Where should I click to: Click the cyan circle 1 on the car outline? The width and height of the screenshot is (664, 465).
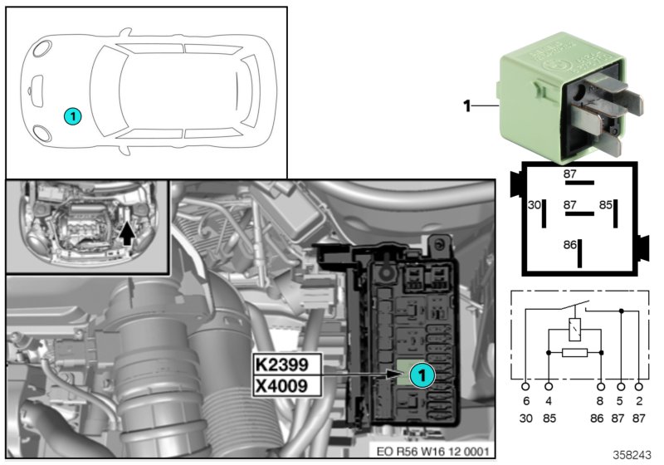pos(72,117)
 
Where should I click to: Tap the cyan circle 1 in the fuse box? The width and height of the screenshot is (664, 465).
pos(422,375)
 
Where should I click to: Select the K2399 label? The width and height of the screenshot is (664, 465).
pos(282,365)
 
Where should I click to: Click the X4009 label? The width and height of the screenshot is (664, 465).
pos(282,385)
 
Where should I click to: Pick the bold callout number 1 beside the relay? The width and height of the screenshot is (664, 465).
pos(466,105)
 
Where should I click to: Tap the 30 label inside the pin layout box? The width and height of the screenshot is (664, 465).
pos(535,204)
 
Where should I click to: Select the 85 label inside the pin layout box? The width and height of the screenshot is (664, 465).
pos(607,204)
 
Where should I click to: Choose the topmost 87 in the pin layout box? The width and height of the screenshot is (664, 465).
pos(570,174)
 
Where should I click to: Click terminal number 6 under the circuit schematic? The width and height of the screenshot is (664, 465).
pos(525,400)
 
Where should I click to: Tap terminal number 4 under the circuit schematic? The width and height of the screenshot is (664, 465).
pos(549,400)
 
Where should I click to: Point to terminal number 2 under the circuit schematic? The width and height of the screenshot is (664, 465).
pos(638,400)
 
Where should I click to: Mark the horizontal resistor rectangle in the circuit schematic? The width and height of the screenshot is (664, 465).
pos(575,352)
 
